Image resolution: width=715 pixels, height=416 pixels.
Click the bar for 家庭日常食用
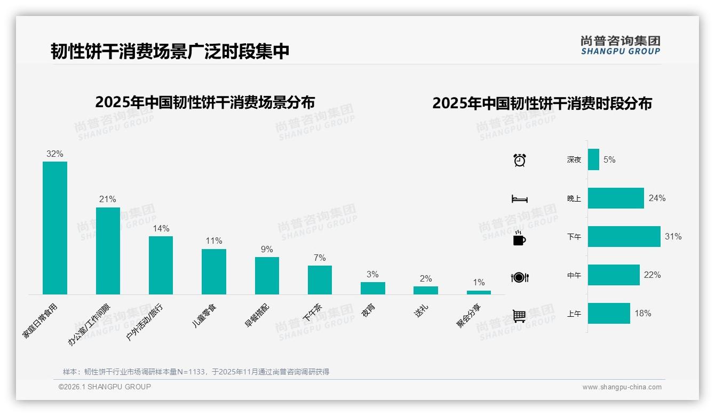55,228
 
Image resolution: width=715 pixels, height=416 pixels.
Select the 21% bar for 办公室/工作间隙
108,251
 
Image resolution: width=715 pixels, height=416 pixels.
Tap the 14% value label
161,229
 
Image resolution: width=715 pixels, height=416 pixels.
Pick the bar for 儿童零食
213,271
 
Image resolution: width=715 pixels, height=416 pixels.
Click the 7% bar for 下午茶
320,280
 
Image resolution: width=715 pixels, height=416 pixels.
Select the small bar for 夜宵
372,288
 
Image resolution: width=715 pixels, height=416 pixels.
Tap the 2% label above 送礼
425,279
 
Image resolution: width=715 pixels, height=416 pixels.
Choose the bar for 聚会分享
479,292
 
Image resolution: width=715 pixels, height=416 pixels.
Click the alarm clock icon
519,160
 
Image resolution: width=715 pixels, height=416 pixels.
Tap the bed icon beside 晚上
519,199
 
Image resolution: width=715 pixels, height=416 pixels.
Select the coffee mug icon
519,238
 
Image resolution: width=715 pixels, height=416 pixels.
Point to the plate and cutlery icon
519,277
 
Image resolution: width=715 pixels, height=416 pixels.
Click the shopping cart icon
519,316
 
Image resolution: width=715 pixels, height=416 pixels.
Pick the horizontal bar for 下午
624,237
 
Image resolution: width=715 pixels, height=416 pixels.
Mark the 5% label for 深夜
609,159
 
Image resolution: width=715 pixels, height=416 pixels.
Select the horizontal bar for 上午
609,314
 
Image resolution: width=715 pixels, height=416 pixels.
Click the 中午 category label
574,276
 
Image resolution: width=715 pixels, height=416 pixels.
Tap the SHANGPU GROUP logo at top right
620,45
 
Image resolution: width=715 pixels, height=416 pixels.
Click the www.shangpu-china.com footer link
622,387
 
